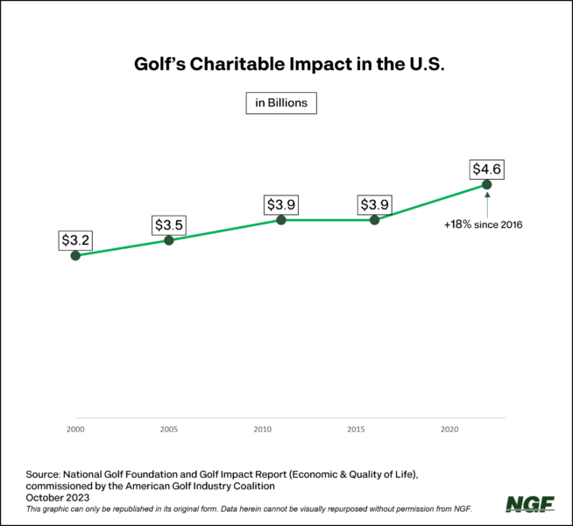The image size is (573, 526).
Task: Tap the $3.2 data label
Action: pyautogui.click(x=75, y=238)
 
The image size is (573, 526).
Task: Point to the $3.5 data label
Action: pyautogui.click(x=169, y=224)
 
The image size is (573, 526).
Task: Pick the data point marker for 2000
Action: pyautogui.click(x=75, y=255)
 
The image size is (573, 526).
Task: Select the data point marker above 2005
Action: pyautogui.click(x=169, y=239)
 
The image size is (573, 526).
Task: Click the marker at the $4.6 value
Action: pyautogui.click(x=486, y=184)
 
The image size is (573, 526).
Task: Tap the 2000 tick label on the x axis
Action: pyautogui.click(x=75, y=430)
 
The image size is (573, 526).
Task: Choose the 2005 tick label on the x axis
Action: pyautogui.click(x=169, y=430)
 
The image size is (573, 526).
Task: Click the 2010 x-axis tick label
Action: pyautogui.click(x=263, y=430)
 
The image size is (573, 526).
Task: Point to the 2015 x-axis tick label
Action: pyautogui.click(x=357, y=430)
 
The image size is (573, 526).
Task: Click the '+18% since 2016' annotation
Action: pyautogui.click(x=484, y=225)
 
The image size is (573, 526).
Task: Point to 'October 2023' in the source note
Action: pyautogui.click(x=58, y=497)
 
